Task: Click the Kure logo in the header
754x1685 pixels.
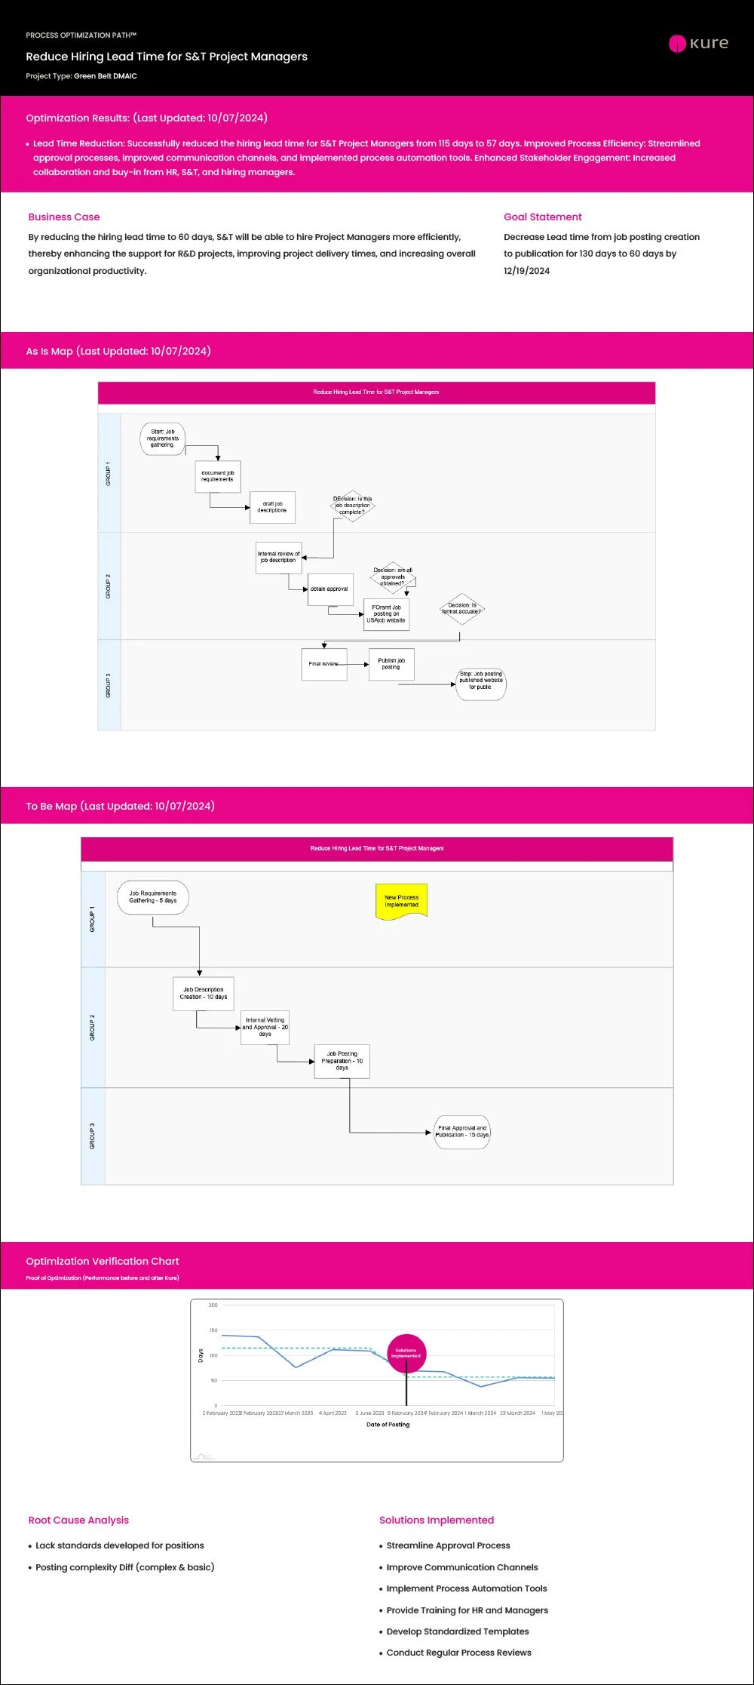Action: coord(698,43)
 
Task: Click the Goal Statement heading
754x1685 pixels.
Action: coord(542,217)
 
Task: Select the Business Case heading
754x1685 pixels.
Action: coord(64,217)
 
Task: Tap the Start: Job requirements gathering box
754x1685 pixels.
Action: coord(162,438)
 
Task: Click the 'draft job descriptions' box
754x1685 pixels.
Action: coord(272,507)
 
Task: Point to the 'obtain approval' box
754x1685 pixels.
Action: coord(330,589)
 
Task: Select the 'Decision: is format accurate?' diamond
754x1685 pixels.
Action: coord(461,608)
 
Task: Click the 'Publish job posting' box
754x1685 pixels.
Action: coord(391,664)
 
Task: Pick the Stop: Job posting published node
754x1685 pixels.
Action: coord(481,684)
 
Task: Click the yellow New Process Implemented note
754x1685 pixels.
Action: coord(401,901)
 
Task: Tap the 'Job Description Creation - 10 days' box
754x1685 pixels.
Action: coord(204,993)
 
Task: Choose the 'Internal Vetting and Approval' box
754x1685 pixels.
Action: coord(265,1027)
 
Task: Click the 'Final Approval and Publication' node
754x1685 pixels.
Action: coord(462,1132)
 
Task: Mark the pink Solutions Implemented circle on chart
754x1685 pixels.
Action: coord(406,1353)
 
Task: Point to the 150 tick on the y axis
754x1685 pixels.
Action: coord(213,1330)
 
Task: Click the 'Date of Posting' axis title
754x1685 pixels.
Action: coord(388,1425)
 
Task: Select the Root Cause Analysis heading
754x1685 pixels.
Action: coord(78,1520)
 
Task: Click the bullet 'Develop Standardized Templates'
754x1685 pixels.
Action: coord(458,1631)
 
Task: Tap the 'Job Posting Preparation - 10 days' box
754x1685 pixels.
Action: coord(342,1061)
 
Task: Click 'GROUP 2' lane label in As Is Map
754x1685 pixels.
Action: coord(109,586)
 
